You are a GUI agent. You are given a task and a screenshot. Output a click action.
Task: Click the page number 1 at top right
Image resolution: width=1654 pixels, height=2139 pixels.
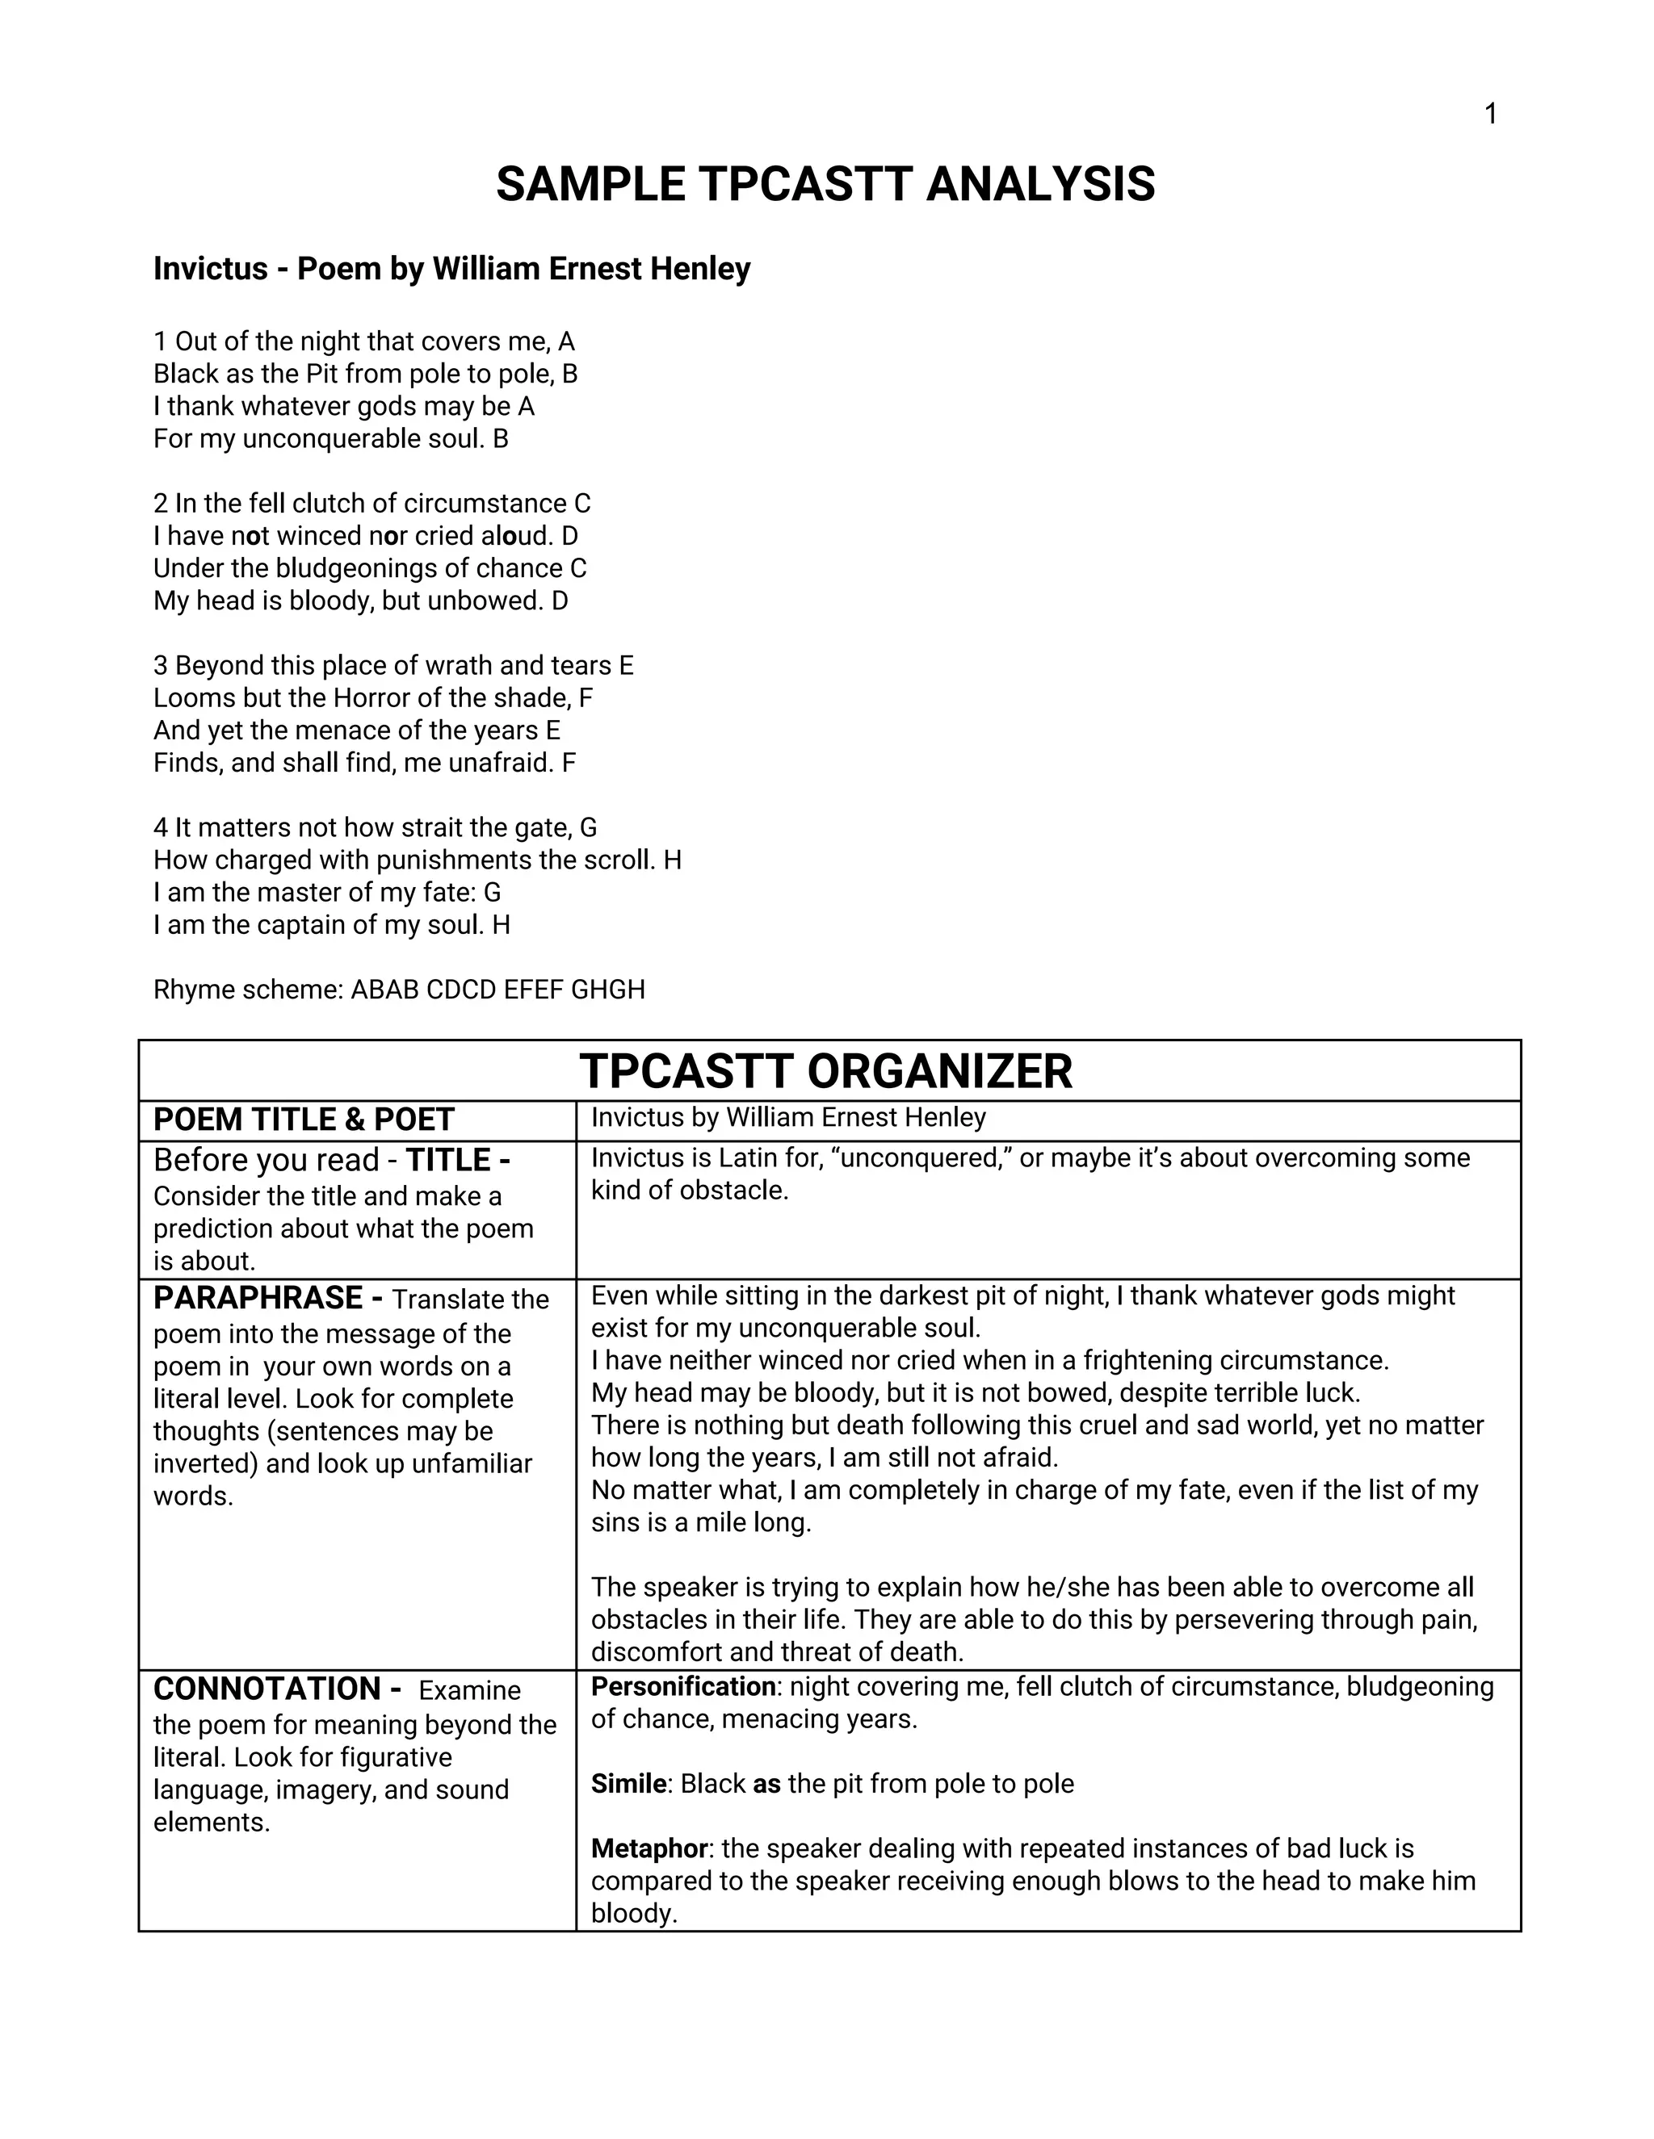tap(1490, 115)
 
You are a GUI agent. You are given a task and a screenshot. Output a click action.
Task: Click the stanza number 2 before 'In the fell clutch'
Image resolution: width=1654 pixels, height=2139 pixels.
tap(161, 504)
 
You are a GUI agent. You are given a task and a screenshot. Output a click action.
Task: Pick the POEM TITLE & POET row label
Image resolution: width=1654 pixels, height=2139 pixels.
tap(304, 1120)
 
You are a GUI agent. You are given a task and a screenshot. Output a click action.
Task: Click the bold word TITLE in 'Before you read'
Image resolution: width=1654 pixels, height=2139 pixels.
tap(449, 1160)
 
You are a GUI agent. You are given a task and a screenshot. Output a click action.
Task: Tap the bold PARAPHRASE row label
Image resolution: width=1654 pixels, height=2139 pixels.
tap(258, 1298)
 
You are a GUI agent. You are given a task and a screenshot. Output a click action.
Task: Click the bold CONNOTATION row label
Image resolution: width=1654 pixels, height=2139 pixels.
tap(267, 1689)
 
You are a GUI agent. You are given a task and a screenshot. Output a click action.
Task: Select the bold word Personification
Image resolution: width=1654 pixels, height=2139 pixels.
tap(683, 1686)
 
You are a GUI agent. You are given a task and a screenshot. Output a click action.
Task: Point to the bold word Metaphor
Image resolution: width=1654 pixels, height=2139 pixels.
tap(649, 1848)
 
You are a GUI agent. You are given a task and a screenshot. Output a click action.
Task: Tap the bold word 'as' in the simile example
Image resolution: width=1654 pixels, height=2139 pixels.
tap(766, 1784)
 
